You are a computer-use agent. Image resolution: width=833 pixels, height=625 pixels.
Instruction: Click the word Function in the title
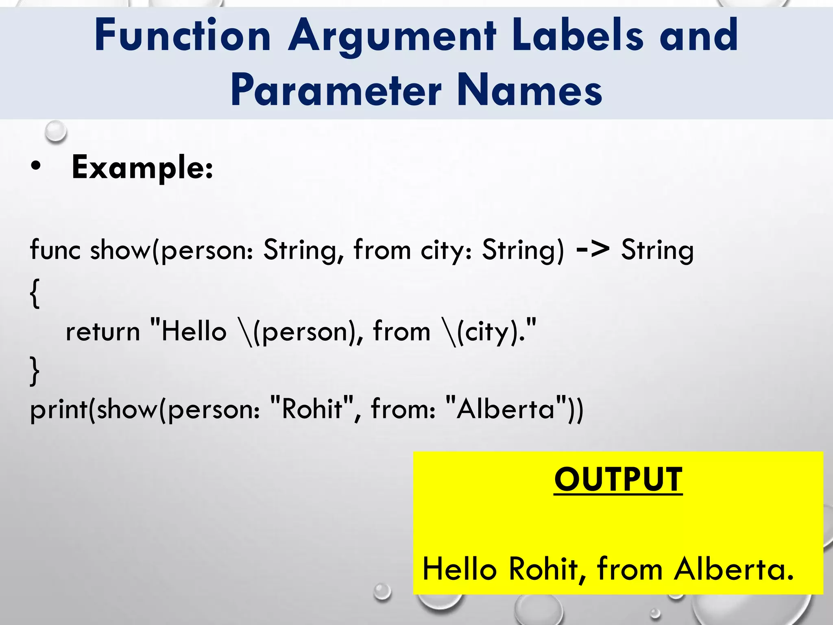[x=183, y=36]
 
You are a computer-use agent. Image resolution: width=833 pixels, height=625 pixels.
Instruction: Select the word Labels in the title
[x=578, y=36]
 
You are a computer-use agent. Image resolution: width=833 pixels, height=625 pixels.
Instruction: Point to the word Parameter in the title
[x=336, y=90]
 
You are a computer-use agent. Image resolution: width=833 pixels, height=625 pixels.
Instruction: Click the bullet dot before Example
[x=36, y=166]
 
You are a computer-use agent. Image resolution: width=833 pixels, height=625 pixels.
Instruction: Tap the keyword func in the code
[x=55, y=249]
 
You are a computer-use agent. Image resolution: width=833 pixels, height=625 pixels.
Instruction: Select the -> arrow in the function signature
[x=593, y=248]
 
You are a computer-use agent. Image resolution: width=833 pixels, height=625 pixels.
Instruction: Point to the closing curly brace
[x=35, y=370]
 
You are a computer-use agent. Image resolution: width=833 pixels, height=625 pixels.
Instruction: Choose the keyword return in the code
[x=103, y=332]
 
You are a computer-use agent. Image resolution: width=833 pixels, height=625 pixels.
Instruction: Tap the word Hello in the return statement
[x=194, y=331]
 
